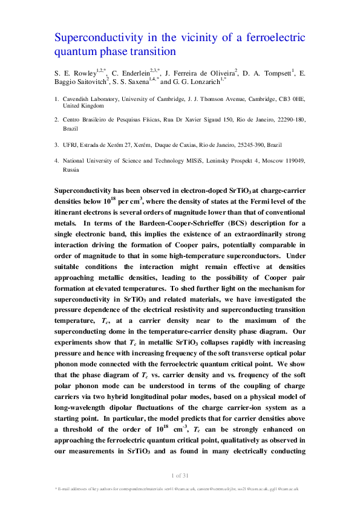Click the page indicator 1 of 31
(180, 474)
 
